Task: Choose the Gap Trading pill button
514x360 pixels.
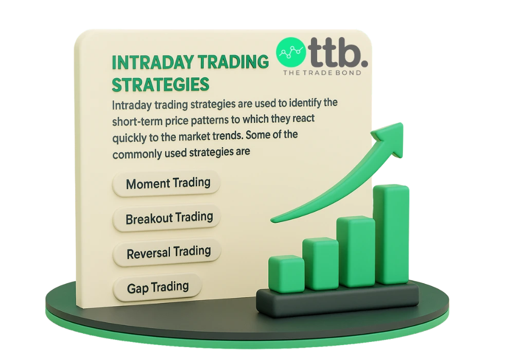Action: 157,286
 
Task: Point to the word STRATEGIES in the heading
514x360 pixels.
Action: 160,84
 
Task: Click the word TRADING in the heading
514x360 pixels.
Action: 236,62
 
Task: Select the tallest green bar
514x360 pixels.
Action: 394,234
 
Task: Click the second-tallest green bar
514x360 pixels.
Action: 356,251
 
